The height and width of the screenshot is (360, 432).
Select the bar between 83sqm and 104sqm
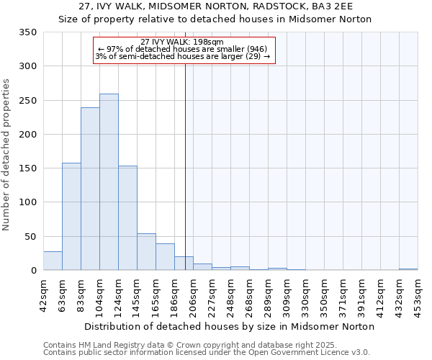coord(90,189)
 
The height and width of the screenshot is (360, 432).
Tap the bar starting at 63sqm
coord(71,217)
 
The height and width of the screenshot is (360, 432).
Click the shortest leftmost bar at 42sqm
coord(53,261)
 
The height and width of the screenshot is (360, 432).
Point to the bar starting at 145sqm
coord(146,252)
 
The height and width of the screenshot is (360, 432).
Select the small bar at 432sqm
coord(408,269)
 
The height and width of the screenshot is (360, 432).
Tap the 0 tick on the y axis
coord(33,271)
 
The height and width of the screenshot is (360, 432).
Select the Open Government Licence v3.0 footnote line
coord(207,353)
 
